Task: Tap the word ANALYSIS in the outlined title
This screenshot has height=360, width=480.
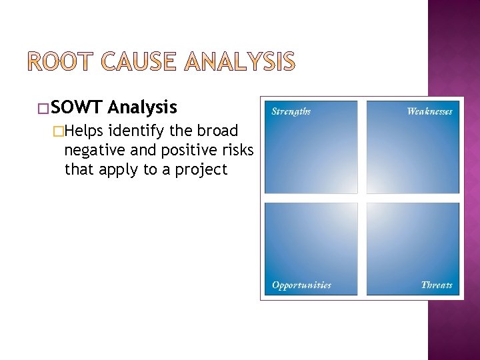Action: (239, 62)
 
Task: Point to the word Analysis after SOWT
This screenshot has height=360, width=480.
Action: (142, 107)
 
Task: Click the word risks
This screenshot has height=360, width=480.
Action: (236, 149)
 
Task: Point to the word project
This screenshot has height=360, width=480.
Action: (201, 169)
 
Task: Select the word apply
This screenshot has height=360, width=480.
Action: (119, 169)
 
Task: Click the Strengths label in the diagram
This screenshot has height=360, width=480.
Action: (291, 111)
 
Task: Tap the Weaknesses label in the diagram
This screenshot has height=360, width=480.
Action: (429, 111)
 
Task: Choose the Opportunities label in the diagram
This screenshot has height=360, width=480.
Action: (301, 285)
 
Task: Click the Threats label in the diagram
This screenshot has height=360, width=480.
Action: (437, 285)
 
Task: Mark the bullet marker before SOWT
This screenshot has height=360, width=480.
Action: (43, 108)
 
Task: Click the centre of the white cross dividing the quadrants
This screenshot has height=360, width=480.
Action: (362, 198)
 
